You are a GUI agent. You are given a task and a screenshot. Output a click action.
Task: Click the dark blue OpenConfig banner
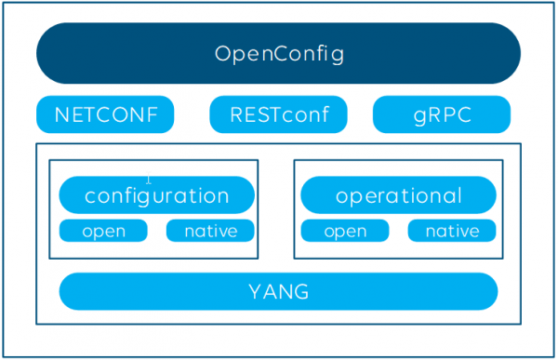(x=278, y=53)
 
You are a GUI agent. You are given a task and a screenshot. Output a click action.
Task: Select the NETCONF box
(x=105, y=115)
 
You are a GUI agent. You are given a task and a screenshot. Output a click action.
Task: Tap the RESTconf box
(x=278, y=115)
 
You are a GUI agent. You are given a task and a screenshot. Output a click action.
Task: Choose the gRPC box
(x=442, y=115)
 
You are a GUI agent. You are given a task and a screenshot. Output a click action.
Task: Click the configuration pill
(x=156, y=195)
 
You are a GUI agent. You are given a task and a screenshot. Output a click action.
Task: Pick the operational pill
(x=398, y=195)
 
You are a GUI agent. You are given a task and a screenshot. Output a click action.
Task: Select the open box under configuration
(x=103, y=231)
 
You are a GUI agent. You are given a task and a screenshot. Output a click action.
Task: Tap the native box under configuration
(x=210, y=231)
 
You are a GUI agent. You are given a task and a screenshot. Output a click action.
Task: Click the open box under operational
(x=344, y=231)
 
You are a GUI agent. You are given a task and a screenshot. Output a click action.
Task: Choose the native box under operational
(x=452, y=231)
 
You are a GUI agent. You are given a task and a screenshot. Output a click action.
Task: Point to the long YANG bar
(x=278, y=291)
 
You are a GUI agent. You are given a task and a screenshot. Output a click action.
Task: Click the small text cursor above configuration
(x=149, y=180)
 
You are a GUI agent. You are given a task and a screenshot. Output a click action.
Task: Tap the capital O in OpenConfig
(x=222, y=54)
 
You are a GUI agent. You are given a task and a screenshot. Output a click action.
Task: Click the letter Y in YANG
(x=254, y=292)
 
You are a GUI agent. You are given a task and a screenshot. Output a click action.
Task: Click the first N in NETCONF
(x=62, y=116)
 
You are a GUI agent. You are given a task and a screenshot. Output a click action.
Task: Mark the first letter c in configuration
(x=89, y=197)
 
